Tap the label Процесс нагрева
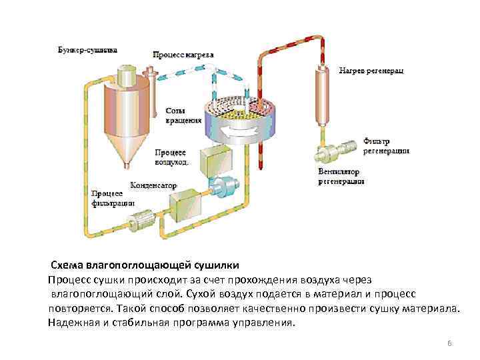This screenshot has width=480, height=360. (x=183, y=55)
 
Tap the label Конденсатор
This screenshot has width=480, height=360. (x=153, y=185)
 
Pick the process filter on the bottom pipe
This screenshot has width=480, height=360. (x=141, y=220)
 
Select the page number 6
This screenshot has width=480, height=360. (x=449, y=343)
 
